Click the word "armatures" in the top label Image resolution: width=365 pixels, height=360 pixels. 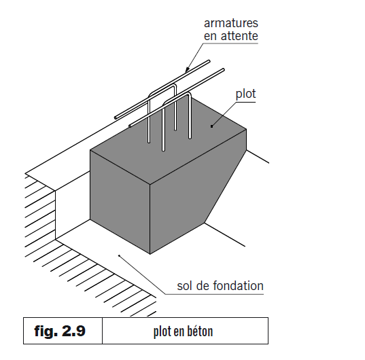pyautogui.click(x=231, y=22)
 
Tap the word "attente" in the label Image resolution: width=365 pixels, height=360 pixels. pyautogui.click(x=239, y=35)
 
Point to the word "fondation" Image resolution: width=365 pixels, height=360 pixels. pyautogui.click(x=238, y=286)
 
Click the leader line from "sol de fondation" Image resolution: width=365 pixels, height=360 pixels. pyautogui.click(x=146, y=275)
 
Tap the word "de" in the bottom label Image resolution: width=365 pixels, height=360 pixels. pyautogui.click(x=205, y=286)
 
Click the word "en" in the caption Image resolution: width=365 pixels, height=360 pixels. pyautogui.click(x=177, y=332)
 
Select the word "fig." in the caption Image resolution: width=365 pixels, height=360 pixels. pyautogui.click(x=48, y=331)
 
